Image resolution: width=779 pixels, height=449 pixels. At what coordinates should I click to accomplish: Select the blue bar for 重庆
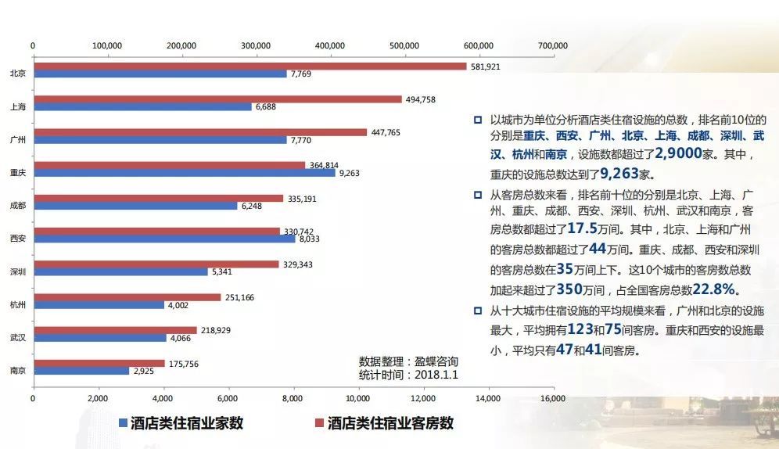click(x=184, y=172)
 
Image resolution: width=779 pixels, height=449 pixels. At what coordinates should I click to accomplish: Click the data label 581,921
click(x=485, y=66)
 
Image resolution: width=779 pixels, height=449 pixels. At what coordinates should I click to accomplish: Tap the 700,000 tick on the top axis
click(x=552, y=45)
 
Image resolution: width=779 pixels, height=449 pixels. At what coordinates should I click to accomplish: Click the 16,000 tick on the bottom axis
click(x=552, y=399)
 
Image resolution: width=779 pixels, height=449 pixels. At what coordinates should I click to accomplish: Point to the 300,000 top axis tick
click(x=256, y=45)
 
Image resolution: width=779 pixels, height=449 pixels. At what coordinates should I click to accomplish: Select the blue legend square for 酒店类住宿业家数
click(x=123, y=423)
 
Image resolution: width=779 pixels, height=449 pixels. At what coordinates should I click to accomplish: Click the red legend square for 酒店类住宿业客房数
click(x=318, y=423)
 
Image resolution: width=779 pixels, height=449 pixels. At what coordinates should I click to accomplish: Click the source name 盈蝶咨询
click(x=436, y=362)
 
